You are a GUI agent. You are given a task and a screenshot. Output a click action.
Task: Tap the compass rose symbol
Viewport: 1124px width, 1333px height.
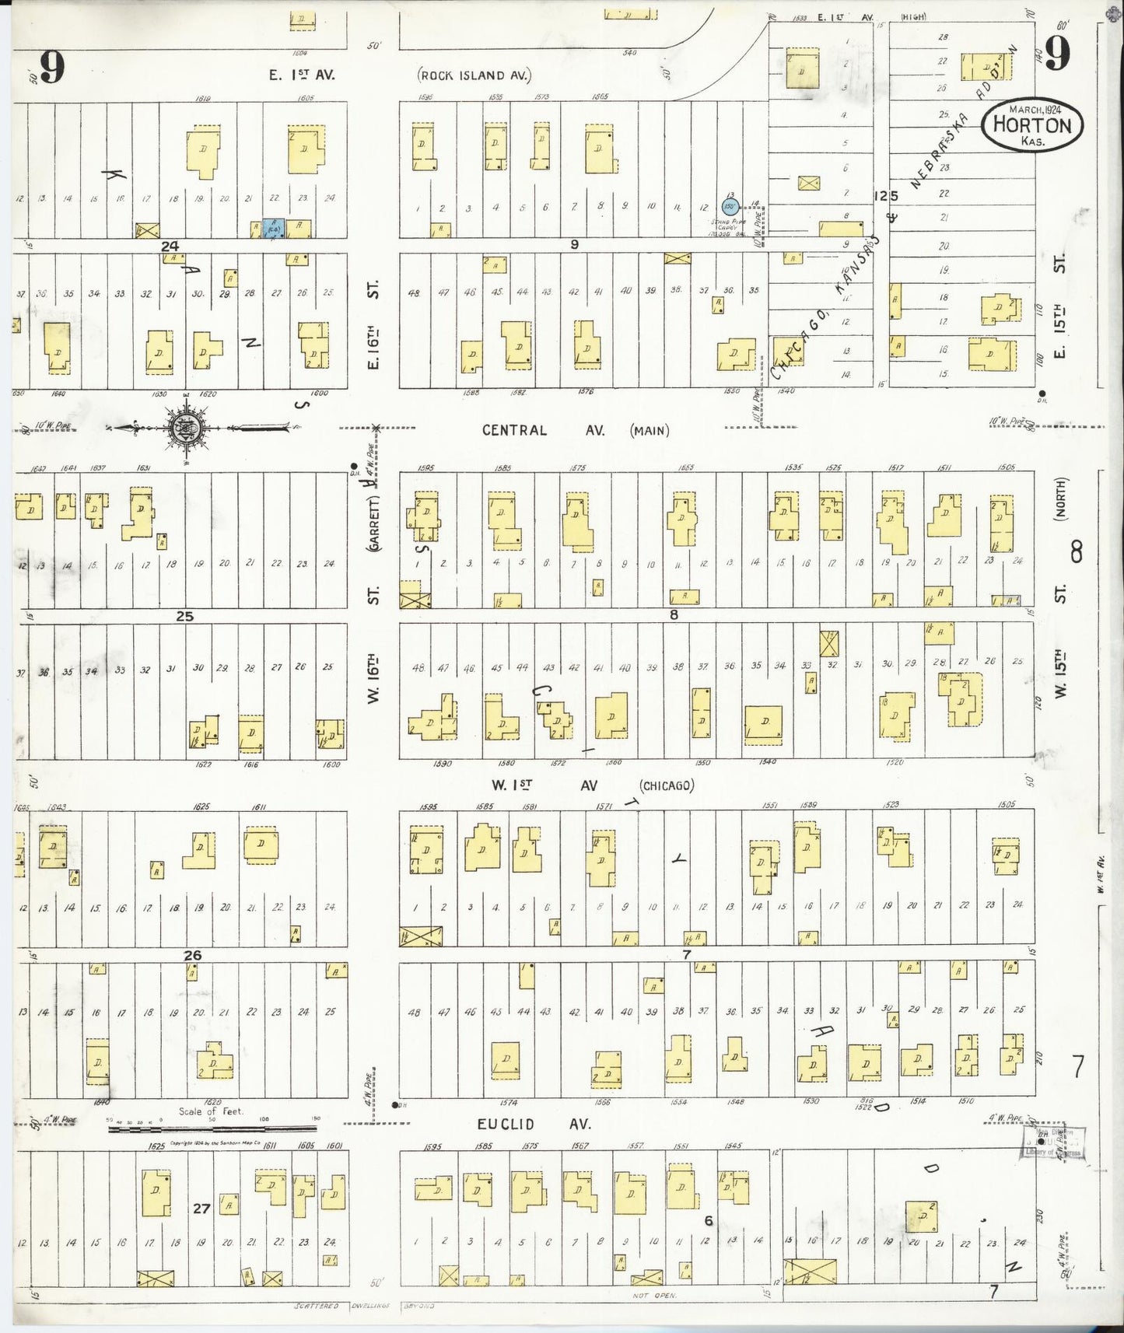(x=187, y=427)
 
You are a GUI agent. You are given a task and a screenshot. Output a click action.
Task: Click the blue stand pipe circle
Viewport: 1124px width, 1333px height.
(x=729, y=207)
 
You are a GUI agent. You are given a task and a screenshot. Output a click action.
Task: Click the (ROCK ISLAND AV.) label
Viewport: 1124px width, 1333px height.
(x=474, y=75)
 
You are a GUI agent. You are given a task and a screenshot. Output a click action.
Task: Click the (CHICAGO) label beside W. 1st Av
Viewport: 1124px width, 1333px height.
(x=666, y=785)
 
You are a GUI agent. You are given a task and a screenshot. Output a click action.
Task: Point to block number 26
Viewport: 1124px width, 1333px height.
(x=193, y=955)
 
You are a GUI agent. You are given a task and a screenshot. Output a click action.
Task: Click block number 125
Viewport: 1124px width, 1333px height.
(x=885, y=196)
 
